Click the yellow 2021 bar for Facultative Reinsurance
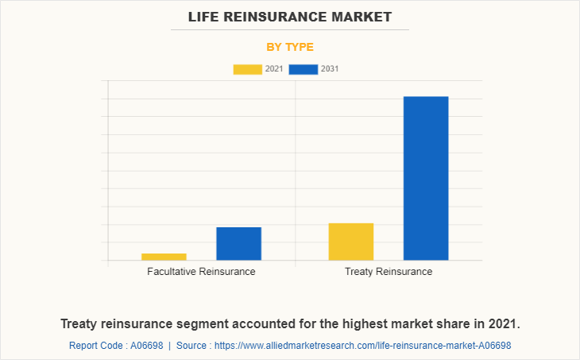164,256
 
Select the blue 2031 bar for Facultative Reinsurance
238,243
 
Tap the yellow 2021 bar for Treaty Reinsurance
350,242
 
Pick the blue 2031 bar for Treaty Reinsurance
426,178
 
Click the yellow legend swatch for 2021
247,69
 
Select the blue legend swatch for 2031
304,69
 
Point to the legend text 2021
274,69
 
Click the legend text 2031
331,69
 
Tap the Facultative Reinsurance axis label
201,272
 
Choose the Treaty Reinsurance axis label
389,272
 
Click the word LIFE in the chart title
205,17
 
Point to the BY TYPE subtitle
290,47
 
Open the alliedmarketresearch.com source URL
362,346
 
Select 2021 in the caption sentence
503,324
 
